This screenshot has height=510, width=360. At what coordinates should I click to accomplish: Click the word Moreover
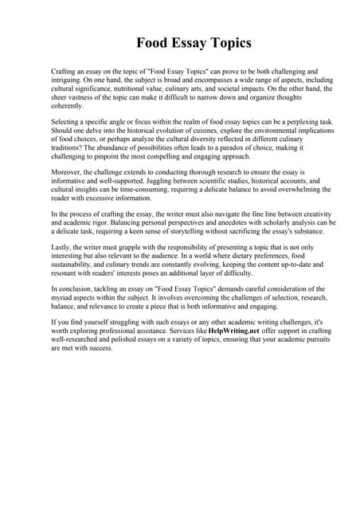tap(68, 172)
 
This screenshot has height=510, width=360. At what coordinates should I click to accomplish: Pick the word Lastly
tap(62, 249)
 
